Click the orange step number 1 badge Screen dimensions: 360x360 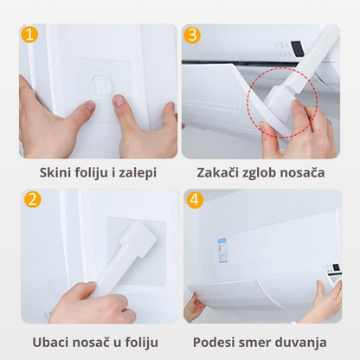(31, 36)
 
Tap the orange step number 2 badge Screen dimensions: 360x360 (31, 198)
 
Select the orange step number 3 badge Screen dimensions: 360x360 (193, 36)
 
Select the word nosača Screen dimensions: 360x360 (309, 172)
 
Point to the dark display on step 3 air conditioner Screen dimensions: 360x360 (295, 48)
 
